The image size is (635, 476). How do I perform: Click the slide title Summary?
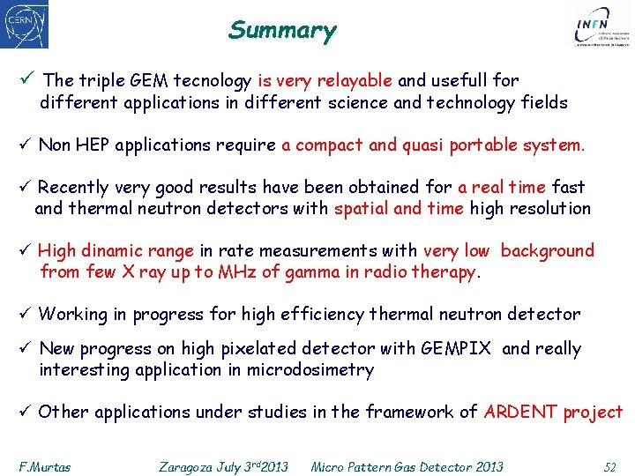point(282,30)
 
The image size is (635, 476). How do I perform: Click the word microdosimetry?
point(300,370)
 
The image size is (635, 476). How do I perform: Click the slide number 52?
point(609,466)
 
